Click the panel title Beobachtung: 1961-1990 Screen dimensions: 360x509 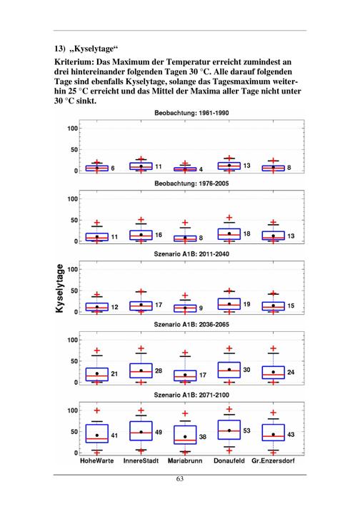[x=191, y=113]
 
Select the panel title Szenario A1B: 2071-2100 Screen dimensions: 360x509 [x=191, y=395]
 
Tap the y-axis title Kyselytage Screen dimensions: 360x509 [x=59, y=288]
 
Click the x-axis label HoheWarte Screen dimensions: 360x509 [x=97, y=460]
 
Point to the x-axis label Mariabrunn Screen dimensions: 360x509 [x=185, y=460]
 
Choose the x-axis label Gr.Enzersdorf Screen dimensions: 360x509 [x=273, y=460]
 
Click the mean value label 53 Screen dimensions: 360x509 [x=246, y=430]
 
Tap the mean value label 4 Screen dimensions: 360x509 [x=201, y=169]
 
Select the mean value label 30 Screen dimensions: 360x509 [x=246, y=370]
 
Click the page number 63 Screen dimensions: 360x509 [x=180, y=479]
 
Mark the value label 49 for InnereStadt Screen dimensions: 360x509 [x=159, y=433]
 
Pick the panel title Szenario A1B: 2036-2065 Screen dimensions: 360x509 [x=191, y=324]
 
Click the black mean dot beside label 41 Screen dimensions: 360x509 [x=97, y=435]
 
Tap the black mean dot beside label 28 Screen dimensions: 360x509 [x=141, y=371]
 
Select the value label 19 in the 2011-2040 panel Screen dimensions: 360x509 [x=246, y=304]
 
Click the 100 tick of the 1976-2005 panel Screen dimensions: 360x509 [x=73, y=199]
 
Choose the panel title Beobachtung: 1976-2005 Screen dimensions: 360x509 [x=191, y=183]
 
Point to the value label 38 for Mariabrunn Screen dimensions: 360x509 [x=202, y=437]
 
